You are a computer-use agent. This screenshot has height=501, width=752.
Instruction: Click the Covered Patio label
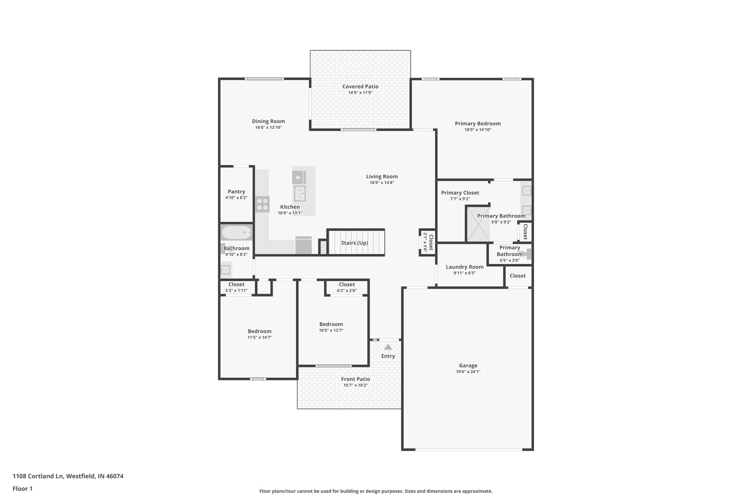coord(360,87)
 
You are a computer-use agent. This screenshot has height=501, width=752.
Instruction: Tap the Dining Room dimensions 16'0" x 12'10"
coord(268,128)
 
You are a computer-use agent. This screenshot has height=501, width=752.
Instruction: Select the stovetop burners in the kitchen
coord(263,204)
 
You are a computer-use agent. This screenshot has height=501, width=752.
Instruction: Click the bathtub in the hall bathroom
coord(236,233)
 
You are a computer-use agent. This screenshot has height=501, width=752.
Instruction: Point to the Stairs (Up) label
coord(354,243)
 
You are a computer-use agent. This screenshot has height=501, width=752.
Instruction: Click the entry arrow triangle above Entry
coord(388,347)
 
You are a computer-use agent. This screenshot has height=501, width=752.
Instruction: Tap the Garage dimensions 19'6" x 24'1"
coord(468,371)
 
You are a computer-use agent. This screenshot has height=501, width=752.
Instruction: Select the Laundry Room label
coord(464,267)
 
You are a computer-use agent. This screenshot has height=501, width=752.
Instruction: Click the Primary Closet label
coord(460,193)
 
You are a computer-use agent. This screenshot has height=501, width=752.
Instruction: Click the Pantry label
coord(236,192)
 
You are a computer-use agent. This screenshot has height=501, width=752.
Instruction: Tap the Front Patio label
coord(355,379)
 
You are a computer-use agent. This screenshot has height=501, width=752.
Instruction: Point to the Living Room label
coord(382,177)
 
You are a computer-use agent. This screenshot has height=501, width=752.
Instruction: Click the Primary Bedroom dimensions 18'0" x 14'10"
coord(477,130)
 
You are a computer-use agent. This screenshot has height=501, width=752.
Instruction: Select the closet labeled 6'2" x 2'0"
coord(347,287)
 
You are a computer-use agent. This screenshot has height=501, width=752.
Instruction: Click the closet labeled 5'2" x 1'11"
coord(236,287)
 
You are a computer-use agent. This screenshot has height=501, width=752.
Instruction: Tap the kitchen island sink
coord(300,193)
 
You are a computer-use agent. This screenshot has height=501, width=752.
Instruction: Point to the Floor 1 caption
coord(22,489)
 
